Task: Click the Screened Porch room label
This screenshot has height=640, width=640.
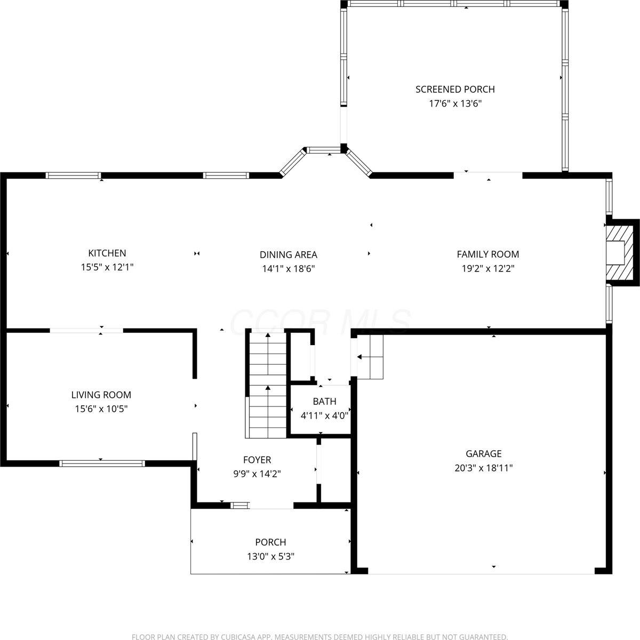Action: pyautogui.click(x=455, y=89)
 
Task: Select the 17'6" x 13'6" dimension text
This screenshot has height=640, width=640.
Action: pyautogui.click(x=455, y=103)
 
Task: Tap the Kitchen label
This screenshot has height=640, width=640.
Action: pyautogui.click(x=107, y=253)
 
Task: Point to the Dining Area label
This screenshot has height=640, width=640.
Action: pyautogui.click(x=288, y=254)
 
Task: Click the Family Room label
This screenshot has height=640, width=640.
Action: pyautogui.click(x=487, y=254)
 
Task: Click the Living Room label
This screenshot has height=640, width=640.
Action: pyautogui.click(x=101, y=395)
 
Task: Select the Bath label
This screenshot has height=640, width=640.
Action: pyautogui.click(x=324, y=402)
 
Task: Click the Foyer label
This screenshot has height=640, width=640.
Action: pyautogui.click(x=257, y=460)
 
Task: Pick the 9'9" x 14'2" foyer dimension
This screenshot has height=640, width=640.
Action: pyautogui.click(x=257, y=474)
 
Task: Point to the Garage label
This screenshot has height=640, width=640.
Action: pyautogui.click(x=483, y=454)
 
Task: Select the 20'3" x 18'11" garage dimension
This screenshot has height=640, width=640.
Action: pyautogui.click(x=483, y=468)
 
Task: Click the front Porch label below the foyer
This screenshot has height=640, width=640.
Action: pyautogui.click(x=270, y=542)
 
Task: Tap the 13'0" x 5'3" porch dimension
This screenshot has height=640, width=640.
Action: pyautogui.click(x=270, y=556)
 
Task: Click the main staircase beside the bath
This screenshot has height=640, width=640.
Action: pyautogui.click(x=267, y=384)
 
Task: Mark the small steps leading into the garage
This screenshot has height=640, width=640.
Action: pyautogui.click(x=370, y=357)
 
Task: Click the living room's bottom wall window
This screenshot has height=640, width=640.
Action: pyautogui.click(x=101, y=463)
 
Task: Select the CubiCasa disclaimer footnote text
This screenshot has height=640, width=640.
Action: pyautogui.click(x=319, y=636)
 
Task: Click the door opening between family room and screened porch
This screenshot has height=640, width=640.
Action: pyautogui.click(x=488, y=174)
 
